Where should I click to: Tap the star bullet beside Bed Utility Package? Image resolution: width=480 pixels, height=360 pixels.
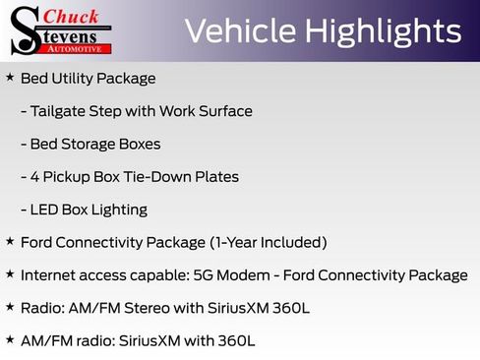tap(10, 77)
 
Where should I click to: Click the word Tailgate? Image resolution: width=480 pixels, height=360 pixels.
tap(62, 111)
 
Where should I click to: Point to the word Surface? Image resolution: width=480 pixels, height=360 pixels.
tap(223, 111)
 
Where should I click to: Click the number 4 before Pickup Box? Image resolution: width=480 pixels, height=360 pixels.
tap(35, 177)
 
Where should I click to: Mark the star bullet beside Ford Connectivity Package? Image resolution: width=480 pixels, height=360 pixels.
tap(10, 241)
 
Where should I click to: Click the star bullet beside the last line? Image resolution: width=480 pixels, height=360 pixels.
tap(10, 339)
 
